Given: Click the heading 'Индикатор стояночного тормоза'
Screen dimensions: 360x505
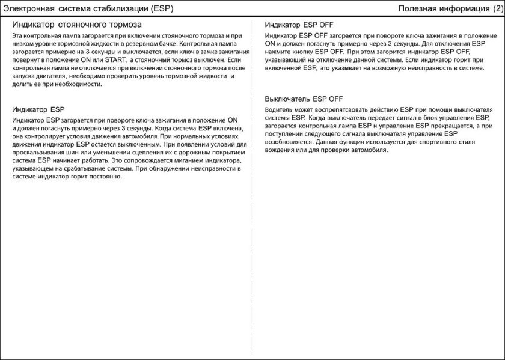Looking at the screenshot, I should [77, 25].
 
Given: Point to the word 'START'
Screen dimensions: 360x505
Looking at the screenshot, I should [114, 61].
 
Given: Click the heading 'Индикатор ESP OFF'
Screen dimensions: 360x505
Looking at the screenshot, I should [299, 26].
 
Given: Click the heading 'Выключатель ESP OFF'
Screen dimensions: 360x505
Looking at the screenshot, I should [304, 99].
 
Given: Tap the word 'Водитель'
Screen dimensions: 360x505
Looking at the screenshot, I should [281, 111].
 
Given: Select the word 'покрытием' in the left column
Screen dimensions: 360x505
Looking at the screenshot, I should [222, 153].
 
